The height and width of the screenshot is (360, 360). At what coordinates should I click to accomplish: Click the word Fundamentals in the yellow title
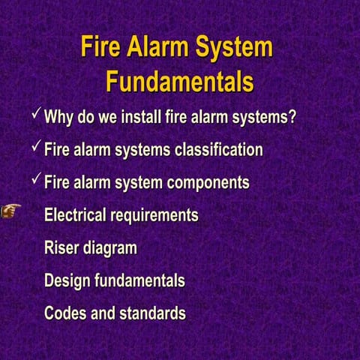point(179,80)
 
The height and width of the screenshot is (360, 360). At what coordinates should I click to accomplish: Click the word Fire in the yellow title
point(102,47)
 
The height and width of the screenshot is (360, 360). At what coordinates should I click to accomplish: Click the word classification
point(218,150)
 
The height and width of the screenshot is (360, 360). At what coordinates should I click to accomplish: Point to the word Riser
point(61,248)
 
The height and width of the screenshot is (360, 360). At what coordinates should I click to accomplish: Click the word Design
point(67,281)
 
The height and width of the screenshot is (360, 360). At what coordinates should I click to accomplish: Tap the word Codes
point(65,313)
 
